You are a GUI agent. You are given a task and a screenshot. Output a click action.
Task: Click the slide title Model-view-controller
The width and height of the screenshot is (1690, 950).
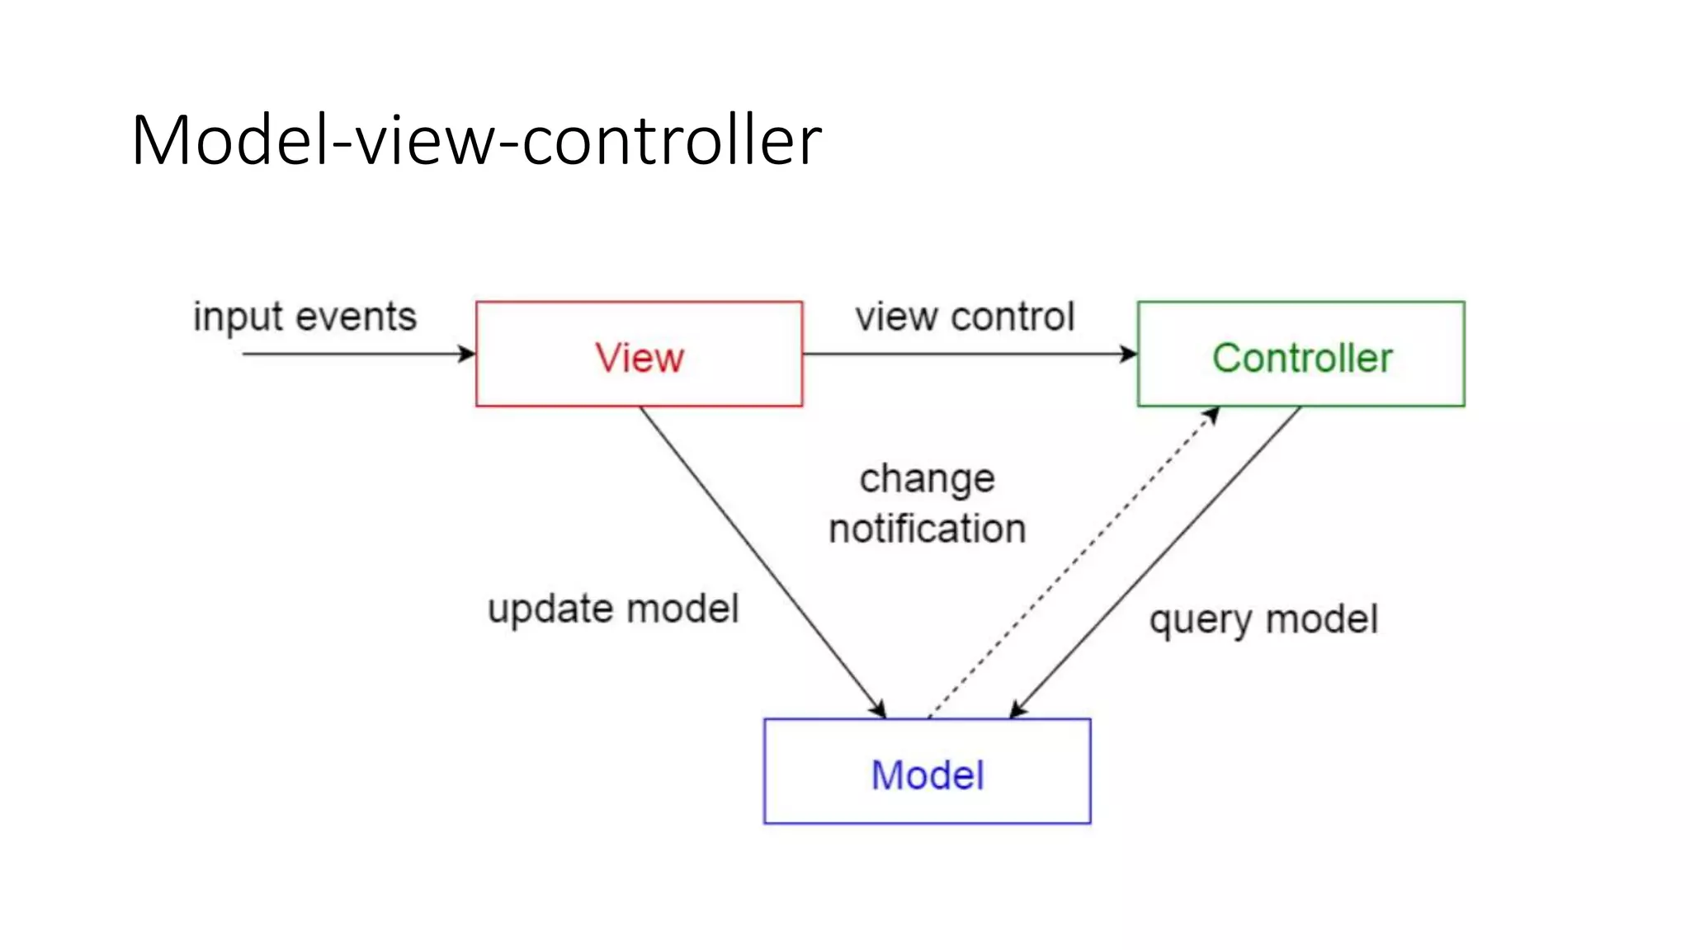476,140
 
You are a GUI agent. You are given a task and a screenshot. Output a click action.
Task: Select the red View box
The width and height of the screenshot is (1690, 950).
639,355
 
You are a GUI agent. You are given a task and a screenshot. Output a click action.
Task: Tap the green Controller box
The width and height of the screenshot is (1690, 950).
1301,355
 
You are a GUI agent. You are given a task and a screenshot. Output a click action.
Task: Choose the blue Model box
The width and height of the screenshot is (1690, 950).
927,772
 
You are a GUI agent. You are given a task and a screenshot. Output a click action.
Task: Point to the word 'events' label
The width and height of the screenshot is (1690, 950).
356,317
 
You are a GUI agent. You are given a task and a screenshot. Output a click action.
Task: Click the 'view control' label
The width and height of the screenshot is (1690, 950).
965,317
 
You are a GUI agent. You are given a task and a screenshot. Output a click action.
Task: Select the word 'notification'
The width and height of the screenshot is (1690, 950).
927,529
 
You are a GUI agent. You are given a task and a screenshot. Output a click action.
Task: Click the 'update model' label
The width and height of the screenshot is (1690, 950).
613,609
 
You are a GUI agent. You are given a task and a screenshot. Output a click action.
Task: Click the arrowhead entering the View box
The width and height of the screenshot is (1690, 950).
468,355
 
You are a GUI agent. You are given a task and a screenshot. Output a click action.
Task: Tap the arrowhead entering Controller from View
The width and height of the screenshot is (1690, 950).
1129,355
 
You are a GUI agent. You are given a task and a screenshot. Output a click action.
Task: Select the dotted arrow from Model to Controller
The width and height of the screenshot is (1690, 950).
1073,564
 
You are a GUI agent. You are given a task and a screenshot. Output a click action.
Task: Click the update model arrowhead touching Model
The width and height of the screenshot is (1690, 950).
879,709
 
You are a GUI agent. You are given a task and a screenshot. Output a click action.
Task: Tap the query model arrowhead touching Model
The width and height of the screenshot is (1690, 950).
1017,710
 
